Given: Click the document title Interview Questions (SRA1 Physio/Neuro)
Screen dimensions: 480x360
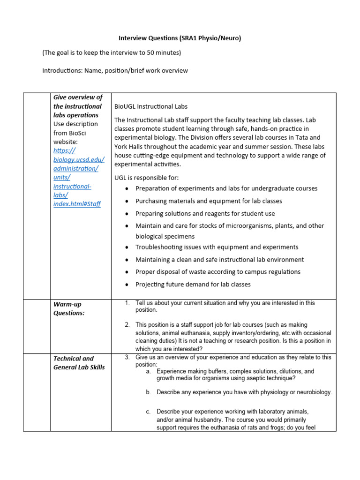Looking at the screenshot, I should [180, 38].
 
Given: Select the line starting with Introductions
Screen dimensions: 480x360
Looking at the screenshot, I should [115, 71].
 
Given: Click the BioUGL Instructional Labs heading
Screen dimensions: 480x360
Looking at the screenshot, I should [151, 106].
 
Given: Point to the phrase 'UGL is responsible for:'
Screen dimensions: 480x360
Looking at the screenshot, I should [147, 178].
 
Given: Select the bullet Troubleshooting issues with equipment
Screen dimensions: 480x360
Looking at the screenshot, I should [217, 247].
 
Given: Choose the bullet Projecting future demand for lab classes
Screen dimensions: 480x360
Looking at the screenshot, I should [193, 284].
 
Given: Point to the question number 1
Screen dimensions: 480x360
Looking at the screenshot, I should [127, 303].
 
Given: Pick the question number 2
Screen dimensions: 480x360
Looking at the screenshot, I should [127, 324].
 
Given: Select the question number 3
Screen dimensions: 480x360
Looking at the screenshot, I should [127, 357].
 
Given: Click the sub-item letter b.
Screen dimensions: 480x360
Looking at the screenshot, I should [148, 392].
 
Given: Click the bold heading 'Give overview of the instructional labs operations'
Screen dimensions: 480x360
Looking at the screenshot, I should [77, 106].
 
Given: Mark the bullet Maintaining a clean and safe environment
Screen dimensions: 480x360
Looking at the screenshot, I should [219, 260].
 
